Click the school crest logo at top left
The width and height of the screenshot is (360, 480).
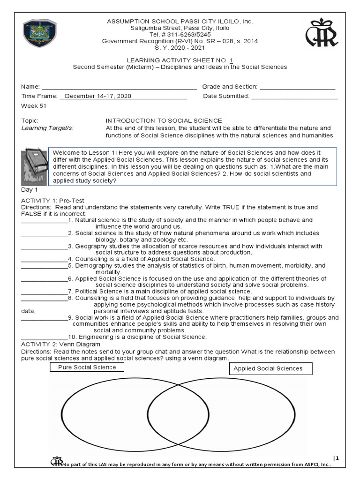pyautogui.click(x=39, y=34)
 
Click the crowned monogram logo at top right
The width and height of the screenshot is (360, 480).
pyautogui.click(x=322, y=34)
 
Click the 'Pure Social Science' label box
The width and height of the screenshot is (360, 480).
pyautogui.click(x=87, y=367)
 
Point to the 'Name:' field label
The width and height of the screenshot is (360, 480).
pyautogui.click(x=31, y=87)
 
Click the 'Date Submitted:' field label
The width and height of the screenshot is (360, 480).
pyautogui.click(x=226, y=96)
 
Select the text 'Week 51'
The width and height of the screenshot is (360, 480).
pyautogui.click(x=34, y=106)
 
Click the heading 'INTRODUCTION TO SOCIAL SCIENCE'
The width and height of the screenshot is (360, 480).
pyautogui.click(x=164, y=120)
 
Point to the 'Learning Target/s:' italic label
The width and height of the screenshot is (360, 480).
pyautogui.click(x=47, y=128)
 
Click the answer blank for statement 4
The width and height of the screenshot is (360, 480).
pyautogui.click(x=45, y=259)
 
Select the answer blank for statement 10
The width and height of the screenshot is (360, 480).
pyautogui.click(x=45, y=337)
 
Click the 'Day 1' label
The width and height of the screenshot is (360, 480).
pyautogui.click(x=30, y=190)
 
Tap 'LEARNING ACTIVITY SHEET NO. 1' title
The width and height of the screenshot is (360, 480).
pyautogui.click(x=180, y=60)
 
